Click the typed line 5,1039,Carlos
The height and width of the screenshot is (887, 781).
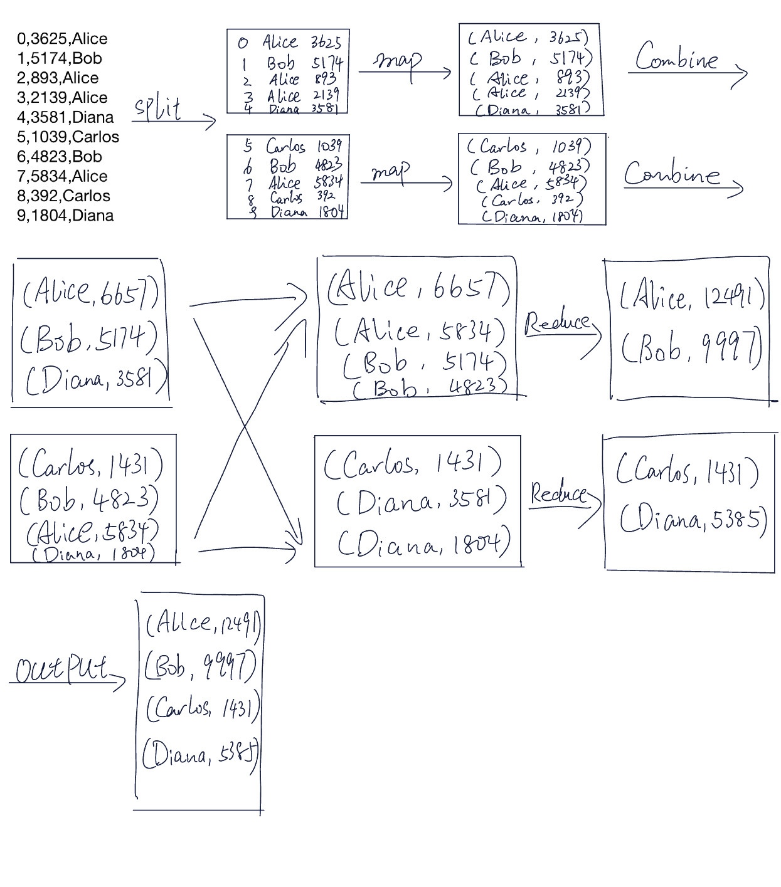68,137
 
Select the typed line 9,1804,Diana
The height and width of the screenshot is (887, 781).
65,215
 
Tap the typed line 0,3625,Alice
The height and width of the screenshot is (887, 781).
62,39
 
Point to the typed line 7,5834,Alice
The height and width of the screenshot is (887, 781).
62,176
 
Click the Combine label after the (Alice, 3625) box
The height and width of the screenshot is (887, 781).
676,58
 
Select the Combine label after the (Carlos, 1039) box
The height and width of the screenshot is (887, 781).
671,174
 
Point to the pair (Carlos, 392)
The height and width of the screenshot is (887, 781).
532,200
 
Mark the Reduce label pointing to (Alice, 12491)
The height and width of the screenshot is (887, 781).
557,323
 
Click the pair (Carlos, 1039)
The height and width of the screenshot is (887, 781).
529,147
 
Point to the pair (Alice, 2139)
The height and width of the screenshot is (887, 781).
531,93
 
